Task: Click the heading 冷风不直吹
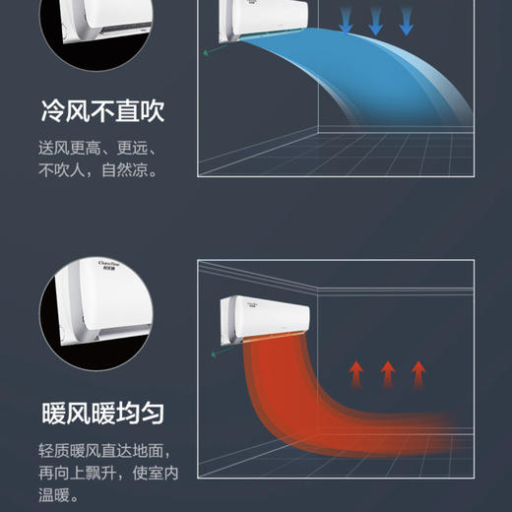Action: tap(102, 112)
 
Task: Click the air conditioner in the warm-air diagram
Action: tap(264, 318)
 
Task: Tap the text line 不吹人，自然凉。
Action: tap(98, 170)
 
